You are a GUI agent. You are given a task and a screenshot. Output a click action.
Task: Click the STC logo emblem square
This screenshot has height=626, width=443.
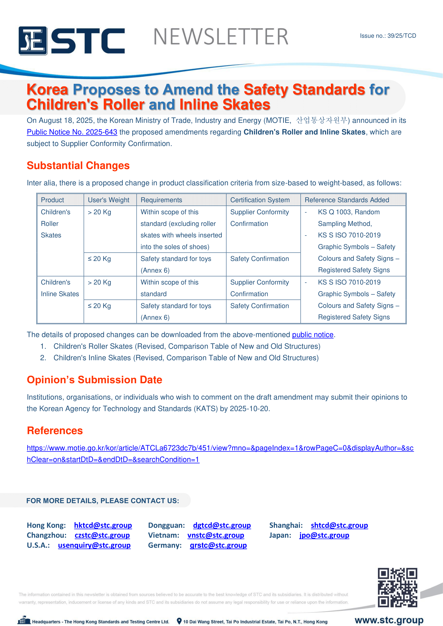click(33, 41)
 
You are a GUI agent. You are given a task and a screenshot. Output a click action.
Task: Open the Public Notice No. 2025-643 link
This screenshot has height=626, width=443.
click(72, 132)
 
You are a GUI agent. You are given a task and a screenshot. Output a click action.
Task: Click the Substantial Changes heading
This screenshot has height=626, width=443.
click(78, 165)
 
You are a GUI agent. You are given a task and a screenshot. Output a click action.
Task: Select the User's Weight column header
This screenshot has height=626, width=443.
click(108, 200)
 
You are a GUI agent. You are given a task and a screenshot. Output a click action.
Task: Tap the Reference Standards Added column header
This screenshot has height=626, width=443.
click(346, 200)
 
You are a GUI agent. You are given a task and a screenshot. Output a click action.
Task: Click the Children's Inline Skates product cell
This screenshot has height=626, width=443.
click(60, 288)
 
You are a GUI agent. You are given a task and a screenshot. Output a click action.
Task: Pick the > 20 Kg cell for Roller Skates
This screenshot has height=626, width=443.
click(99, 212)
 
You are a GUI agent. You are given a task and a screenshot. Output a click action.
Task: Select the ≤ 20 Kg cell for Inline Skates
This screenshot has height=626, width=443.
click(99, 306)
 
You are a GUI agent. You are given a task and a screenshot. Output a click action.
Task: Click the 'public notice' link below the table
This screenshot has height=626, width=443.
click(313, 335)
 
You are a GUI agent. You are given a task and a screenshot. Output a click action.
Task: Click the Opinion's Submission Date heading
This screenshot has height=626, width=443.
click(94, 380)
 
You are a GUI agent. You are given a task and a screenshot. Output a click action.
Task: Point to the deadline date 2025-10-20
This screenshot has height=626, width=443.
click(249, 409)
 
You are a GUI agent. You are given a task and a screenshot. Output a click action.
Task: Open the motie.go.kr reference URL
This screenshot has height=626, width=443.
click(220, 448)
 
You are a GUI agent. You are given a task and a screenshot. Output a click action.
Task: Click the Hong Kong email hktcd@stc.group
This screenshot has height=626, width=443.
click(103, 525)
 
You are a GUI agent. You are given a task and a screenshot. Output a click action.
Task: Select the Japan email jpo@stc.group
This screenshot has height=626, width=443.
click(324, 535)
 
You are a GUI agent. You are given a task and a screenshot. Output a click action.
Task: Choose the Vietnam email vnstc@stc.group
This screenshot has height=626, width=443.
click(216, 535)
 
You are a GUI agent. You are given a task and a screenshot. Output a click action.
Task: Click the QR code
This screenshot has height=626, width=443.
click(397, 587)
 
